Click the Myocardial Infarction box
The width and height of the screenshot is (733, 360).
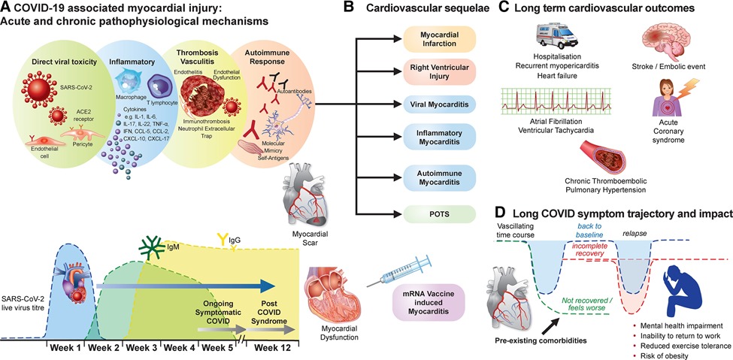coord(435,39)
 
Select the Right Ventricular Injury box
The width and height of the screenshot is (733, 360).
coord(435,74)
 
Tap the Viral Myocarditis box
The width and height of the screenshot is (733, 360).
coord(435,107)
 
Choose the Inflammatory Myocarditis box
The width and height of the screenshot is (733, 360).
coord(435,141)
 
